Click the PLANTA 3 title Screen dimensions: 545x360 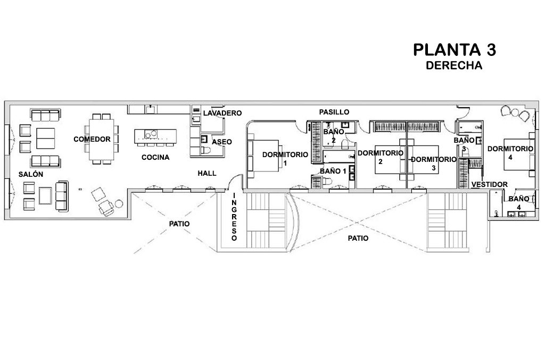pyautogui.click(x=455, y=50)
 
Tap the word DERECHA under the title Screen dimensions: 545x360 pyautogui.click(x=454, y=66)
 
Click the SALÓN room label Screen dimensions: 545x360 pyautogui.click(x=31, y=174)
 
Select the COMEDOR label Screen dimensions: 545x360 pyautogui.click(x=92, y=139)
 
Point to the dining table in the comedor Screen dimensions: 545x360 pyautogui.click(x=102, y=139)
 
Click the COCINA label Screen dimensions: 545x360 pyautogui.click(x=155, y=158)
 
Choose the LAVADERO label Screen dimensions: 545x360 pyautogui.click(x=222, y=113)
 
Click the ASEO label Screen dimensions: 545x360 pyautogui.click(x=222, y=142)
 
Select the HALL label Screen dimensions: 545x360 pyautogui.click(x=207, y=173)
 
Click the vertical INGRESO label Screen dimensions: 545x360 pyautogui.click(x=234, y=217)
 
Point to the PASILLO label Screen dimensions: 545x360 pyautogui.click(x=334, y=112)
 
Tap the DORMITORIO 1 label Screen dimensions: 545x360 pyautogui.click(x=285, y=158)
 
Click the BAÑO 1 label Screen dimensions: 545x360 pyautogui.click(x=333, y=171)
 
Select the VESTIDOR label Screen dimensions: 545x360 pyautogui.click(x=490, y=184)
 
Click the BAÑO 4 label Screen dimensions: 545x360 pyautogui.click(x=518, y=202)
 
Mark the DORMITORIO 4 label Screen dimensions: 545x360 pyautogui.click(x=510, y=153)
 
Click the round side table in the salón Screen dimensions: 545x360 pyautogui.click(x=119, y=203)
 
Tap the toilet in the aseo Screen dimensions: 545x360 pyautogui.click(x=206, y=151)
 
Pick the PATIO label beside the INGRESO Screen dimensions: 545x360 pyautogui.click(x=179, y=224)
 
